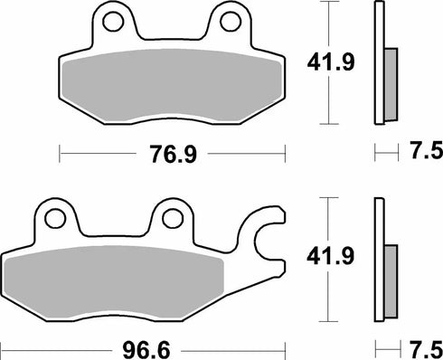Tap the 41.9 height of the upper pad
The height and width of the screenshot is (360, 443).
[x=320, y=63]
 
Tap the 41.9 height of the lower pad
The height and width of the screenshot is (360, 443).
[x=320, y=257]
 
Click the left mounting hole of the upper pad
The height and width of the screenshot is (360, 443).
[x=110, y=19]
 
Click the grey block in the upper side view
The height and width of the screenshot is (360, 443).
[x=390, y=83]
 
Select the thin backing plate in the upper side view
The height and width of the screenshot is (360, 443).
[x=376, y=63]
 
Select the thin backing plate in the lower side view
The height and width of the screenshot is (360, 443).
[x=376, y=257]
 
